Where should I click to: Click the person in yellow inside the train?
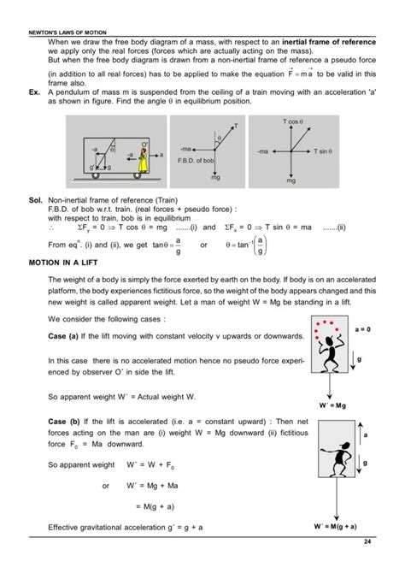(x=156, y=158)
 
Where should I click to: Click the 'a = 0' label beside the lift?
(x=365, y=328)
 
